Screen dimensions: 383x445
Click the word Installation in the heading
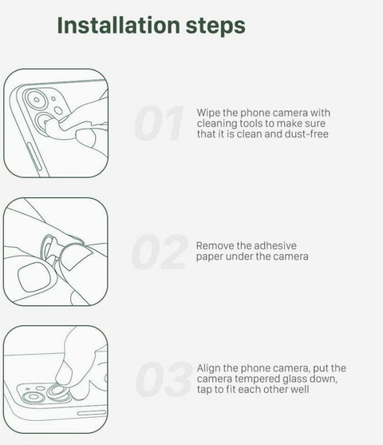coord(119,25)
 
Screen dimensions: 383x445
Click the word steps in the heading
coord(215,27)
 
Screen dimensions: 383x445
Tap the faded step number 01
coord(160,123)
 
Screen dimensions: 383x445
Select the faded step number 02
coord(160,252)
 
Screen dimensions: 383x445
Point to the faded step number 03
coord(164,379)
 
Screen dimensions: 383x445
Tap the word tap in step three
coord(204,390)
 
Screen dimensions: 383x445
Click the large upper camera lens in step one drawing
coord(36,100)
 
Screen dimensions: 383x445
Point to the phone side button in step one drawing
coord(34,157)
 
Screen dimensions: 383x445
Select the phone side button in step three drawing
coord(92,413)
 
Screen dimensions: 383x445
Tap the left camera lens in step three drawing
coord(34,397)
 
